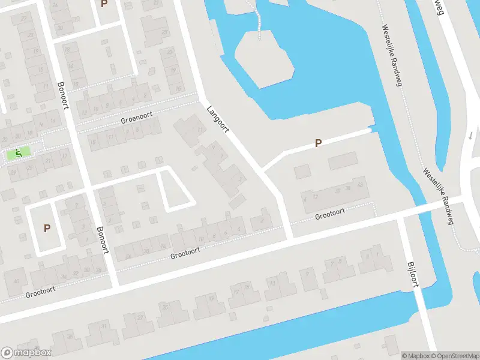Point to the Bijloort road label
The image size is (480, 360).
coord(412,274)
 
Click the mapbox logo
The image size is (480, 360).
coord(26,353)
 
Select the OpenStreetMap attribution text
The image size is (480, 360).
coord(455,356)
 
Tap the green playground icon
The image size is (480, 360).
coord(19,154)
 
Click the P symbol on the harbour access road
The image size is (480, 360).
coord(319,143)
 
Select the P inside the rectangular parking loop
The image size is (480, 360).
coord(47,228)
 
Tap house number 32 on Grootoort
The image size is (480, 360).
coord(76,272)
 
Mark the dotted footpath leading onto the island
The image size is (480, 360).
coord(259,21)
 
